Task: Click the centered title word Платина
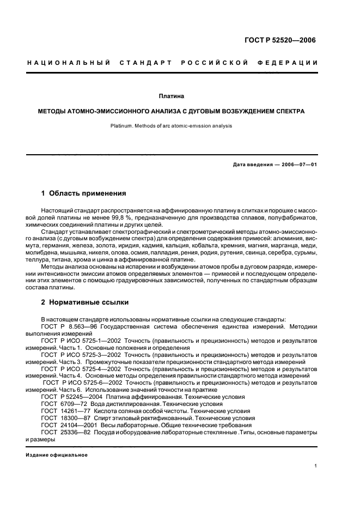[171, 96]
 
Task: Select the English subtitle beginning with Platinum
[171, 125]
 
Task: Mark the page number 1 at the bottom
[316, 466]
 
